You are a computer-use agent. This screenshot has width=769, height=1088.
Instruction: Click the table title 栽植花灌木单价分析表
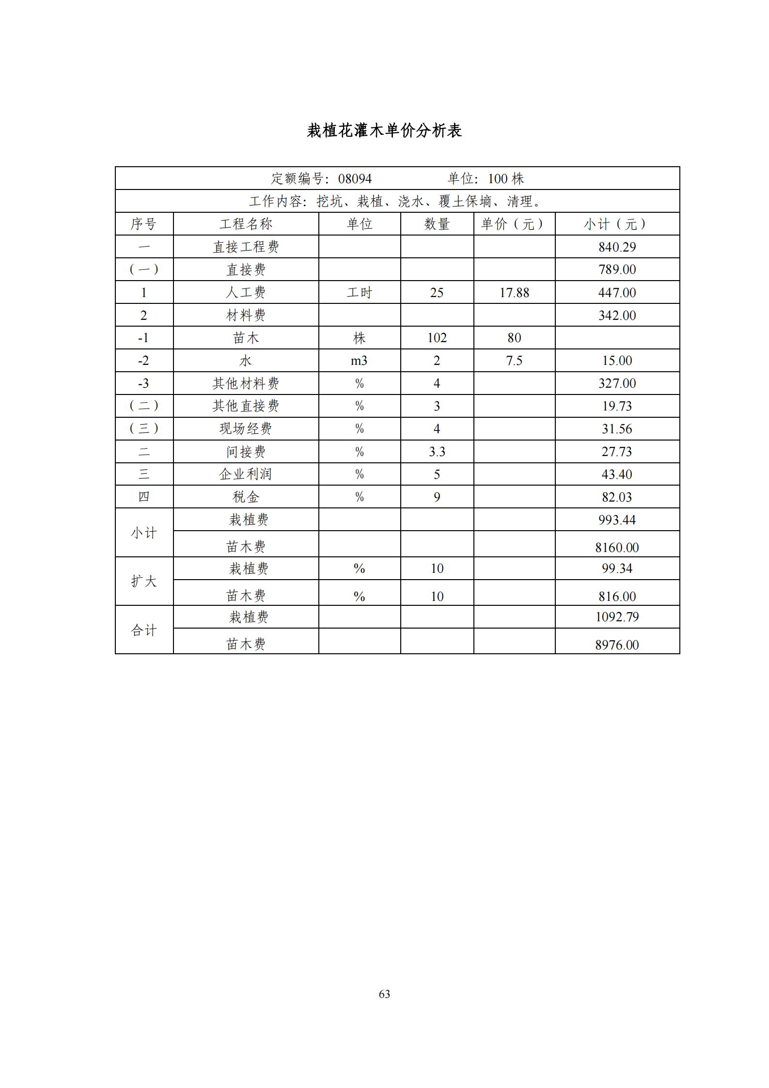tap(384, 130)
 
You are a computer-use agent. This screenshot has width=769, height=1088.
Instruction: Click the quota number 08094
tap(355, 179)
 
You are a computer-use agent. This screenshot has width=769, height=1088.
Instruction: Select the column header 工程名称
tap(246, 224)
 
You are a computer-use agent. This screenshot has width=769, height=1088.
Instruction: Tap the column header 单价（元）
tap(514, 224)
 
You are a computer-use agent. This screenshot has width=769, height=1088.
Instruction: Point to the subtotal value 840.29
tap(617, 247)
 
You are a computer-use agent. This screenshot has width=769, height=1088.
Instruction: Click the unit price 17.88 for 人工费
tap(514, 293)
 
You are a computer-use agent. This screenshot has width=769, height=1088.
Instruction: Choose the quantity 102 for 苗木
tap(437, 338)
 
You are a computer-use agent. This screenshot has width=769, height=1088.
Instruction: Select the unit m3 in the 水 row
tap(359, 361)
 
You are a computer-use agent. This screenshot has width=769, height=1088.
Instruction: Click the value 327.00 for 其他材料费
tap(617, 383)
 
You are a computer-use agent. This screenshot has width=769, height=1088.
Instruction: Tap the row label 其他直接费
tap(246, 406)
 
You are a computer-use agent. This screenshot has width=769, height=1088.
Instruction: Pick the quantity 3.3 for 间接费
tap(437, 452)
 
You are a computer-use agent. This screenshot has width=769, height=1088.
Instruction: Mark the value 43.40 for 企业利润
tap(617, 474)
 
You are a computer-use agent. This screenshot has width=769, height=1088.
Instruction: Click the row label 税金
tap(246, 497)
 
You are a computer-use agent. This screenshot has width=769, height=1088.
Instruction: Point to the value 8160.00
tap(617, 548)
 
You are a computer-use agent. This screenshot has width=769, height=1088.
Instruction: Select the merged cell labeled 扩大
tap(144, 581)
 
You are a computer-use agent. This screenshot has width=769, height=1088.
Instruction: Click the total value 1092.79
tap(617, 617)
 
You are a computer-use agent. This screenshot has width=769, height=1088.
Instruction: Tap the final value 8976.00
tap(617, 645)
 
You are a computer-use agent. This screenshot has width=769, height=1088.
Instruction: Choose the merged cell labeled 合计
tap(144, 630)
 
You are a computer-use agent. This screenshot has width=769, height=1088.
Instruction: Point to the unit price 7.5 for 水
tap(514, 361)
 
